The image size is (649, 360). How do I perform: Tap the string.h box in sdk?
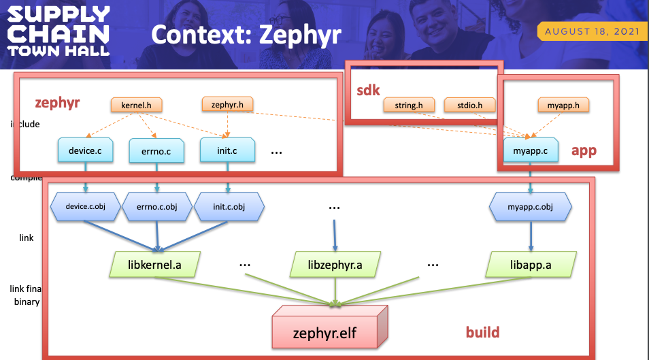click(x=409, y=105)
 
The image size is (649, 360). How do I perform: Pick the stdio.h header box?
click(x=470, y=105)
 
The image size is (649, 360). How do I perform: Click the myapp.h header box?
click(x=563, y=105)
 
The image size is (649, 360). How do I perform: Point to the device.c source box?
click(x=85, y=150)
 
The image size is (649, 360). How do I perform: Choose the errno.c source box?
click(x=156, y=150)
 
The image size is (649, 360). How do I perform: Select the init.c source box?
click(x=227, y=150)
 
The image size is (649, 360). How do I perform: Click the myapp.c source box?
click(x=530, y=150)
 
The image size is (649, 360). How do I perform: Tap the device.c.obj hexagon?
click(x=86, y=206)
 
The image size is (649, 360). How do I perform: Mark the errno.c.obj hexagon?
click(x=156, y=206)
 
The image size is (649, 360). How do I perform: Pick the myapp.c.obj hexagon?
click(x=530, y=206)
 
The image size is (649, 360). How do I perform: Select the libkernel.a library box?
click(x=155, y=263)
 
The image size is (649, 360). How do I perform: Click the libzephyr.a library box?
click(x=335, y=263)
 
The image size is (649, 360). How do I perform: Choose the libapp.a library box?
click(x=531, y=263)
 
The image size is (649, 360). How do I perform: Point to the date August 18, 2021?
click(x=592, y=31)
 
